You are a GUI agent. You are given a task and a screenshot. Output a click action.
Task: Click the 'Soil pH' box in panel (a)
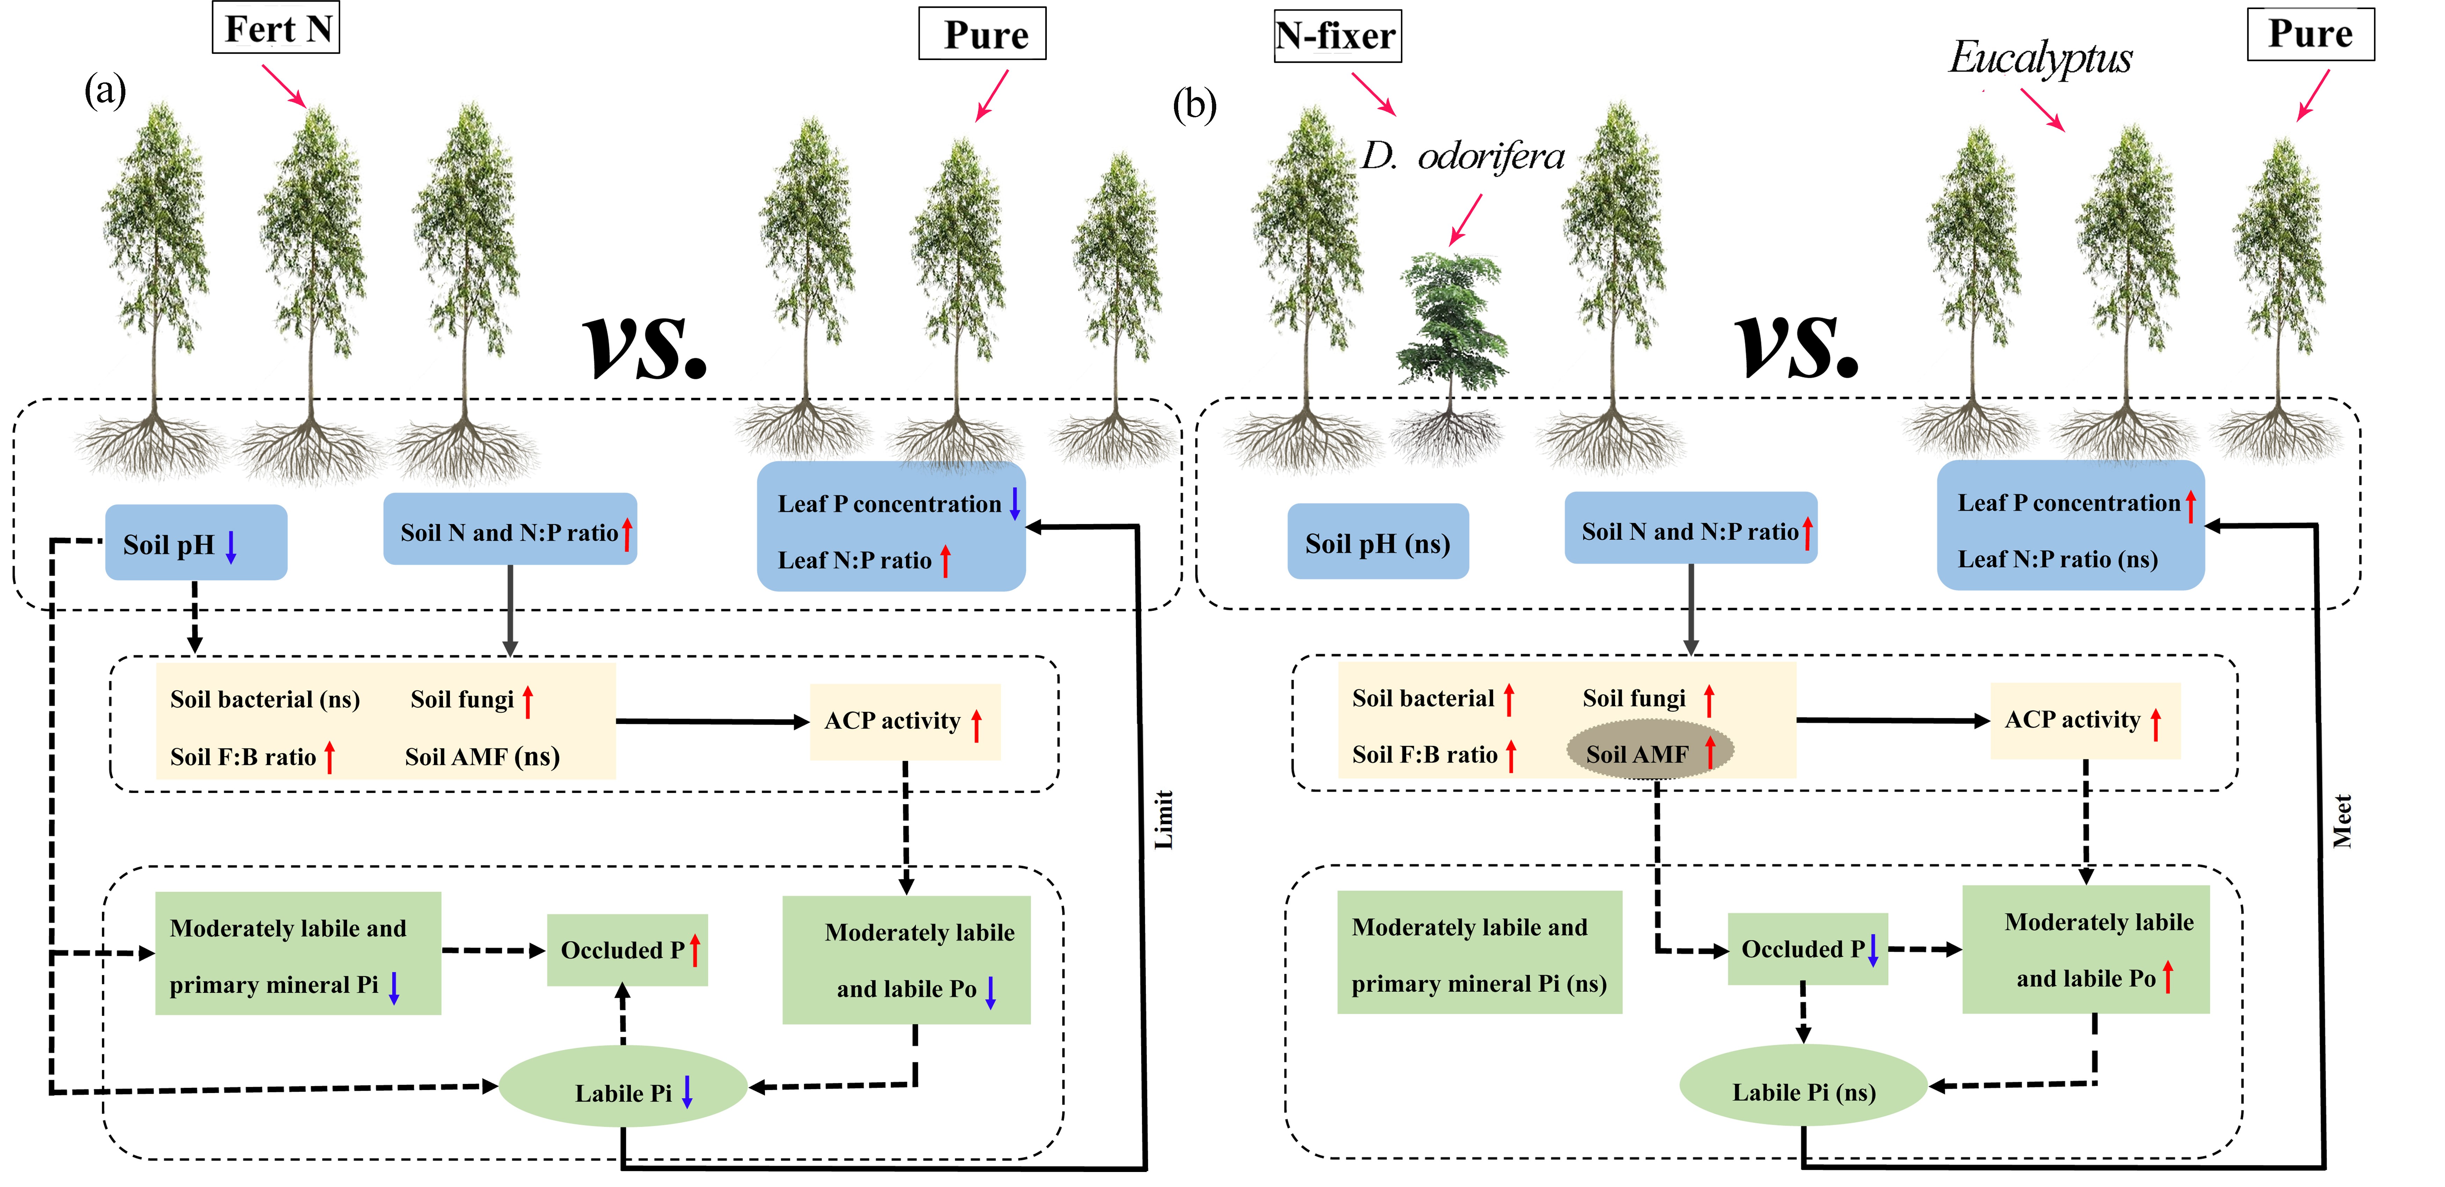coord(196,543)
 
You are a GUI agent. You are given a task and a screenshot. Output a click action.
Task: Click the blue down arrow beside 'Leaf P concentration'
coord(1015,503)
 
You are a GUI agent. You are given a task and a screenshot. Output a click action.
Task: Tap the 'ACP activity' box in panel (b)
coord(2084,720)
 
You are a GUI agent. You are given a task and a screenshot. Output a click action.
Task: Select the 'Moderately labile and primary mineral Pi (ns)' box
coord(1479,953)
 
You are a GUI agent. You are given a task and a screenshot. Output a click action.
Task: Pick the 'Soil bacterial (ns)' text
coord(265,699)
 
